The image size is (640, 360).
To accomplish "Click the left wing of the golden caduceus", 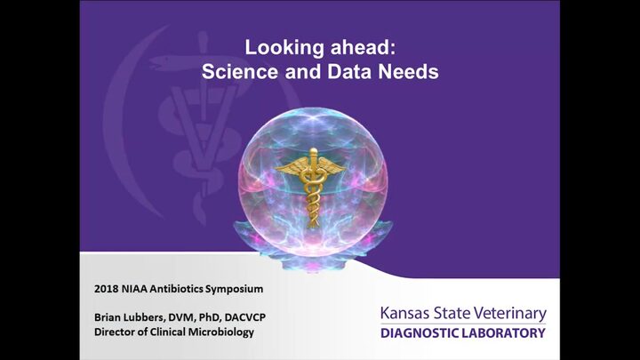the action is [292, 167].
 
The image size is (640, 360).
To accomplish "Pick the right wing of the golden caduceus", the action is [332, 167].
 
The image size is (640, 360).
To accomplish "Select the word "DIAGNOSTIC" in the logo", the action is [420, 333].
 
